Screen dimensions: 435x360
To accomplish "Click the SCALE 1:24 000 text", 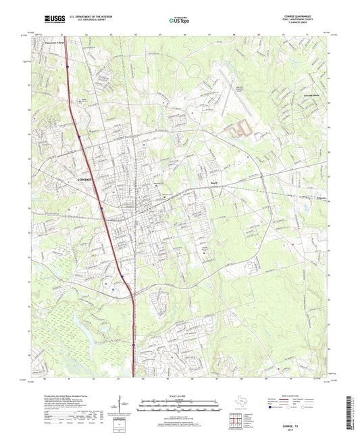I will [x=180, y=396].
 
